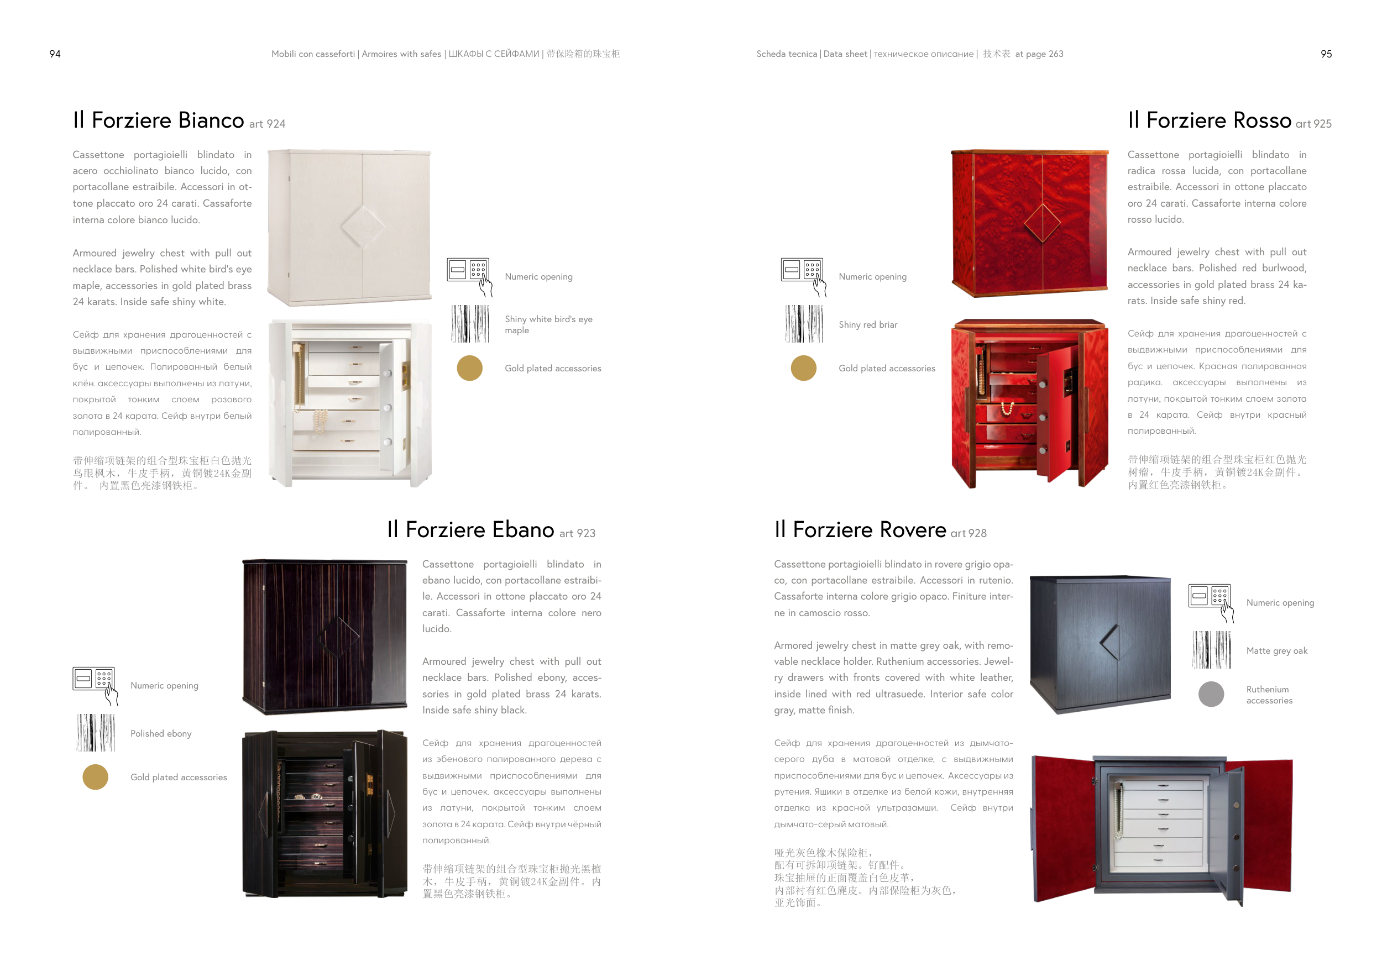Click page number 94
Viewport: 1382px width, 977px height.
click(x=55, y=54)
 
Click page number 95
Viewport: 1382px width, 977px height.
click(x=1326, y=54)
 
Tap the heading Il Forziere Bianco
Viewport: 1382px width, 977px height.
click(x=158, y=120)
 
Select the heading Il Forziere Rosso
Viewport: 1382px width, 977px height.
click(x=1210, y=120)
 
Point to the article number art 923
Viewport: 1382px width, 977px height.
click(x=577, y=533)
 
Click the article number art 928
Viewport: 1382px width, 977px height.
click(x=969, y=533)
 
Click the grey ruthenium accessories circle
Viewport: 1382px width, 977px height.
click(x=1211, y=694)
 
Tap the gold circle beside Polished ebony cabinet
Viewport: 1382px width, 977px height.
click(x=95, y=776)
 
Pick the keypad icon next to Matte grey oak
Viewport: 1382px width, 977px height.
click(x=1211, y=603)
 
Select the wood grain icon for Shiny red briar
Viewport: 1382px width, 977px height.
click(x=804, y=324)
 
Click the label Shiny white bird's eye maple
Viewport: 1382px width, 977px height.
click(x=548, y=324)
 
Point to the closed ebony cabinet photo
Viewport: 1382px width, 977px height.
click(x=324, y=637)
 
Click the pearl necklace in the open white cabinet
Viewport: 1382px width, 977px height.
click(x=320, y=421)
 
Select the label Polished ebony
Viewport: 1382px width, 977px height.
click(x=161, y=733)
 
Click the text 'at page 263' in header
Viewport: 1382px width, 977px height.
click(x=1039, y=54)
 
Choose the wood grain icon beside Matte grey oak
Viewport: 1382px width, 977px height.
click(x=1211, y=650)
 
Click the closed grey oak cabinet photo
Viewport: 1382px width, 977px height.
click(x=1100, y=644)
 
